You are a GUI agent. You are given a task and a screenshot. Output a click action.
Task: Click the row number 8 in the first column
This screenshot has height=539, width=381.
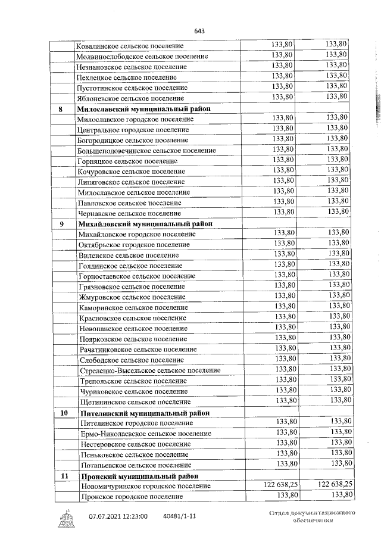point(61,109)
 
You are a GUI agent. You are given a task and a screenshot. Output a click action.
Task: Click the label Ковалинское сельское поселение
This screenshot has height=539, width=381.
point(130,46)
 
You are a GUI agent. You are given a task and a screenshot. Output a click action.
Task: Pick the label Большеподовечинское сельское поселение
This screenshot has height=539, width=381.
point(146,151)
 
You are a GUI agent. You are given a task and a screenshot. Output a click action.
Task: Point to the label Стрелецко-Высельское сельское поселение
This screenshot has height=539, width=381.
point(149,370)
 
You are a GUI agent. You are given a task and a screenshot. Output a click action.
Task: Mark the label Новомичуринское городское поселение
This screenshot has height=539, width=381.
point(145,487)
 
